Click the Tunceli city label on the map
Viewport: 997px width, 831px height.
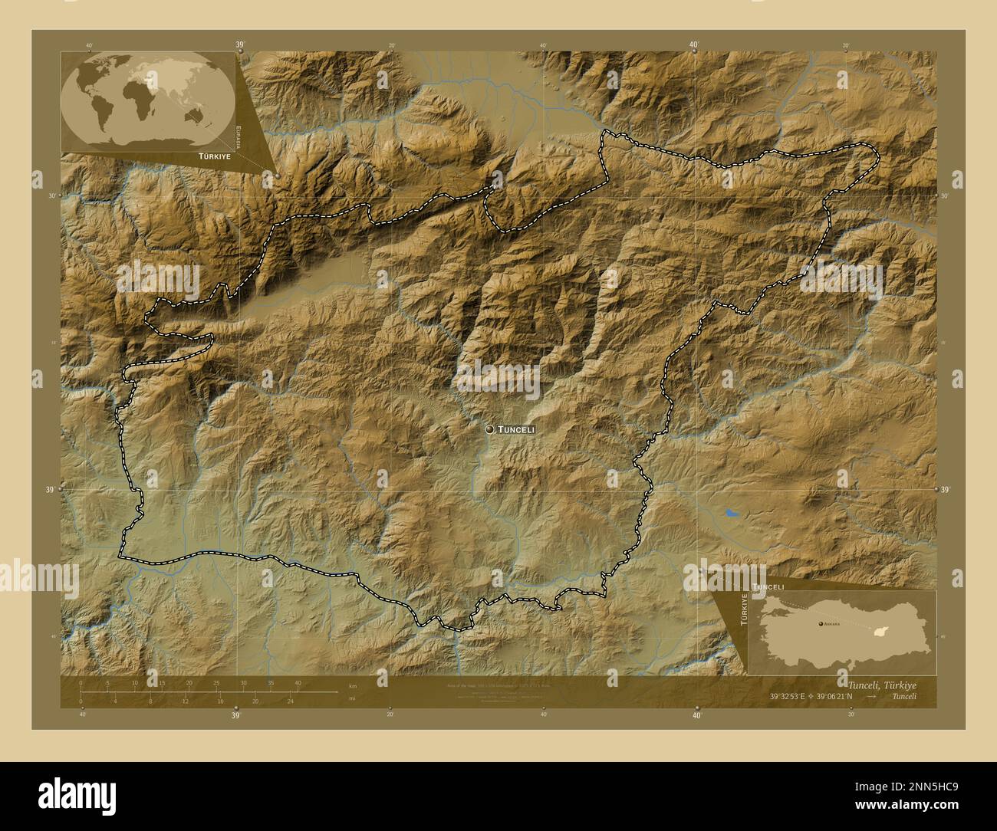point(516,430)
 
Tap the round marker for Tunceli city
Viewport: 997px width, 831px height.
point(489,430)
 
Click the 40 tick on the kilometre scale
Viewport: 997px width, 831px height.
point(297,682)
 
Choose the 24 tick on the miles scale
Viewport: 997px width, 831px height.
point(290,701)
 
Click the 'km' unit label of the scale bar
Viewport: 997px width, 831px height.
point(352,685)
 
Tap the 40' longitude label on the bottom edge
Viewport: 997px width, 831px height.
point(696,715)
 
